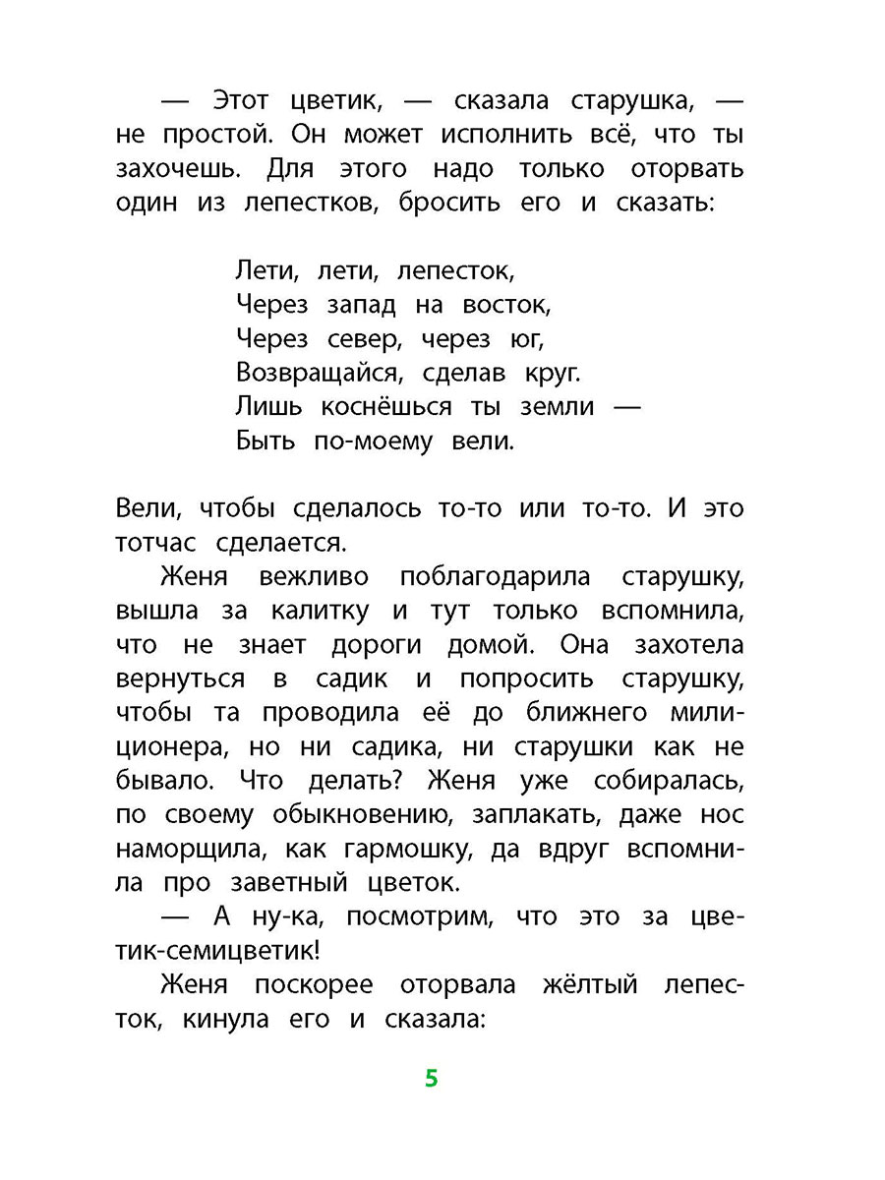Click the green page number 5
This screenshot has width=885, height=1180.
[x=431, y=1079]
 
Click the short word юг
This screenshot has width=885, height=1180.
[x=526, y=339]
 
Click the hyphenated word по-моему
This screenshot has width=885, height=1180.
[x=374, y=442]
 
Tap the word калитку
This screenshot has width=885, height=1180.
[x=322, y=611]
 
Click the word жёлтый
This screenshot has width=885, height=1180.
[x=589, y=984]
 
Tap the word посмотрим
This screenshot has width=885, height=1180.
[x=412, y=917]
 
